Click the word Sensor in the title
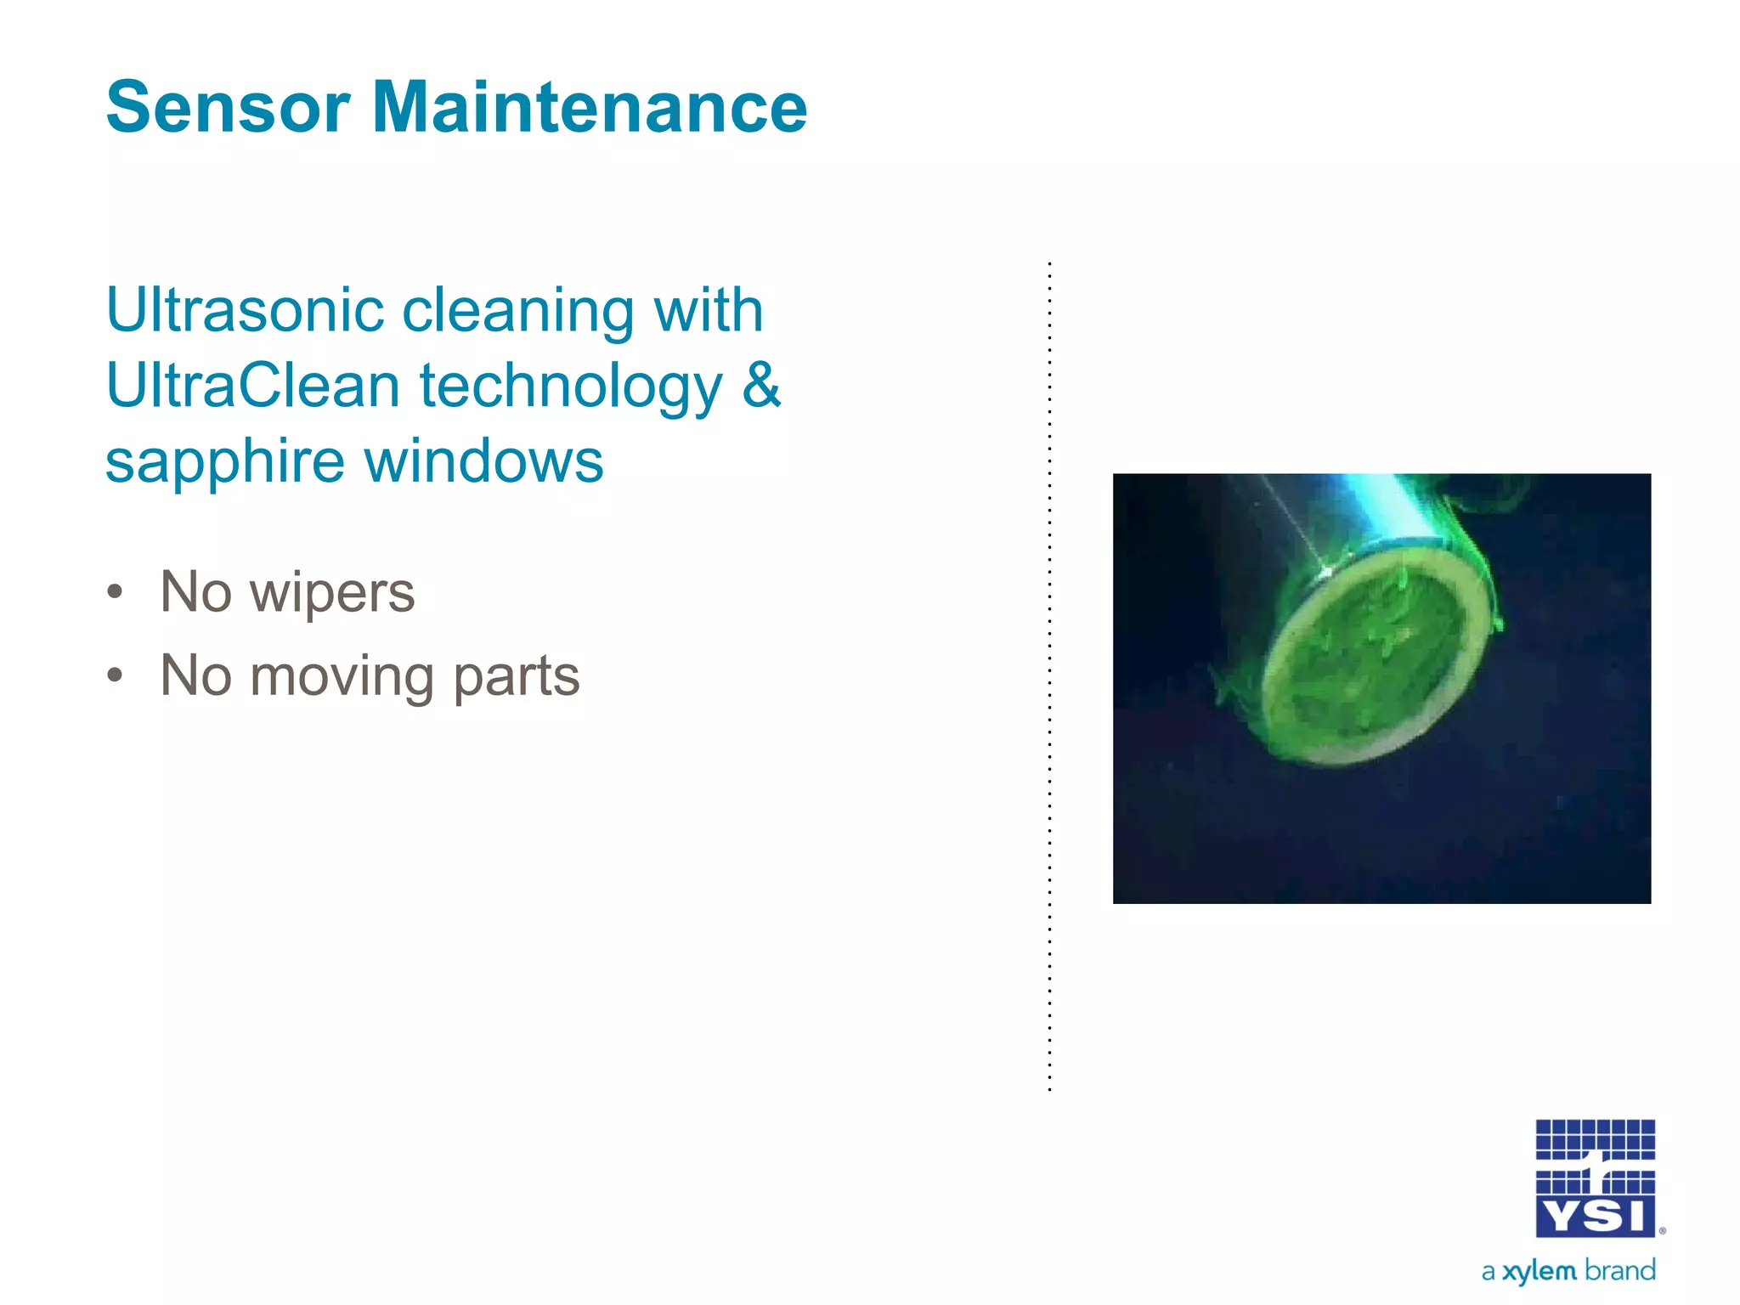pos(228,108)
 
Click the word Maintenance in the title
pos(590,108)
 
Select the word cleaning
pos(517,312)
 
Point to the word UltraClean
pos(252,386)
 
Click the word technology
pos(571,387)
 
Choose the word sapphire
pos(225,463)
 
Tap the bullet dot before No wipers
pos(116,592)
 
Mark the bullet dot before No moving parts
pos(116,676)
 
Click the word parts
pos(517,678)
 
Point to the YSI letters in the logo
pos(1595,1217)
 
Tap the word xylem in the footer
pos(1539,1272)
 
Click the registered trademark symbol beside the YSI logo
pos(1662,1230)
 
